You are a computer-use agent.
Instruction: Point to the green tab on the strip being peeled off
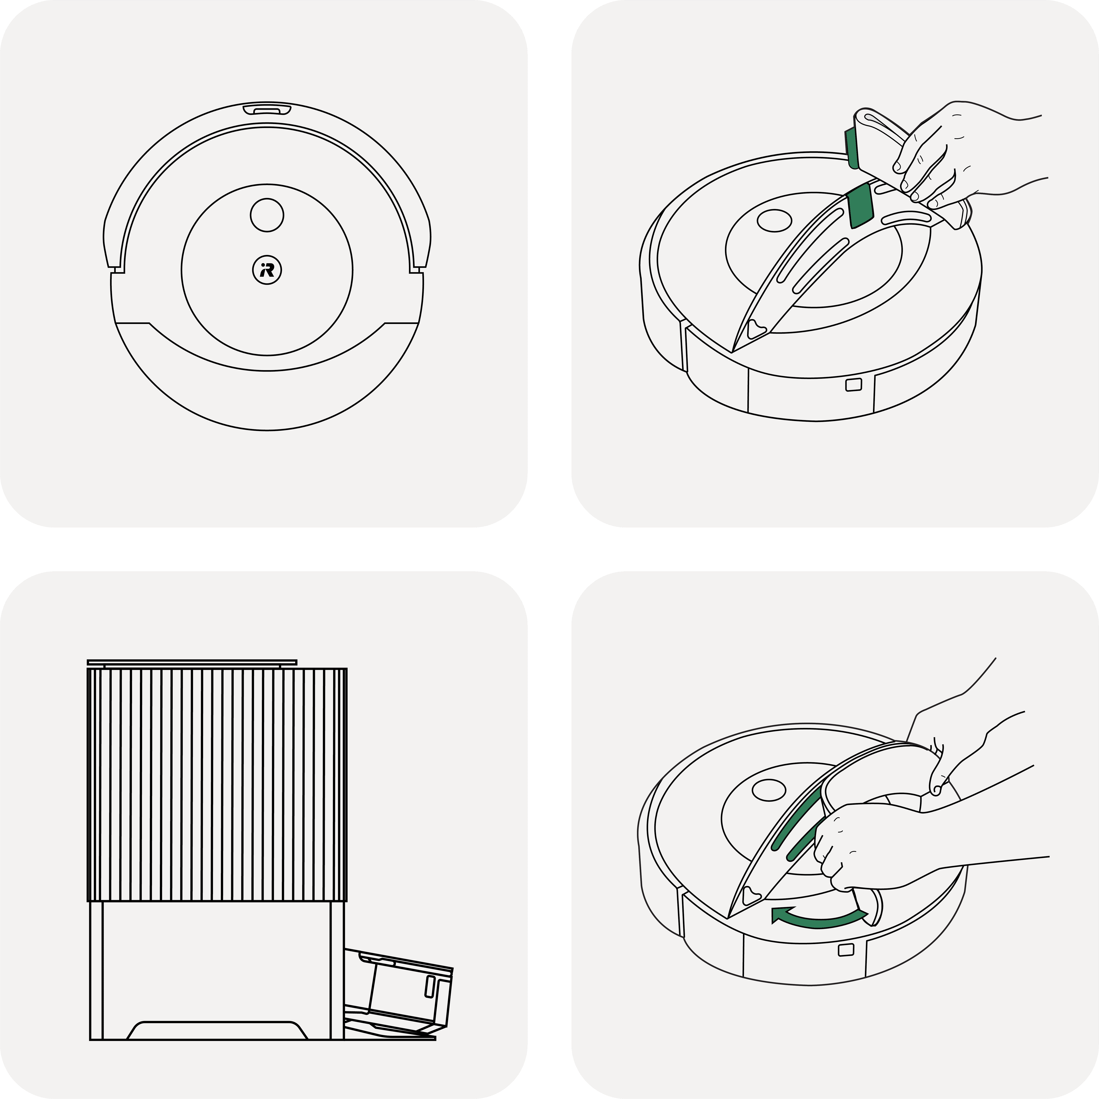pyautogui.click(x=852, y=148)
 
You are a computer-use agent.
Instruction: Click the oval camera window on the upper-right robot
pyautogui.click(x=774, y=221)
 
